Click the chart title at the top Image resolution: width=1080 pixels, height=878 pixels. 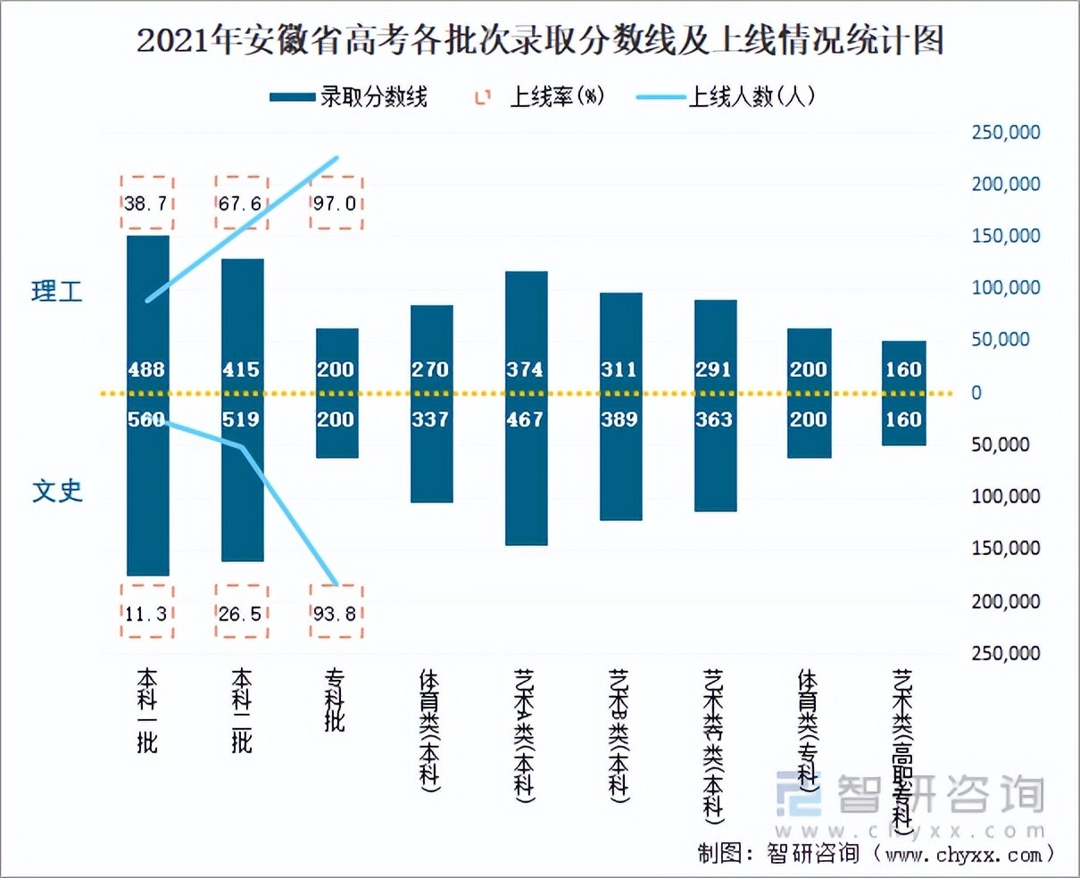tap(540, 41)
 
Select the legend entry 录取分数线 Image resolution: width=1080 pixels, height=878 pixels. tap(349, 97)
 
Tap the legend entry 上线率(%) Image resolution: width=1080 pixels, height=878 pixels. tap(540, 97)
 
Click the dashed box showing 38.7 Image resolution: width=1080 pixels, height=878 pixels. tap(146, 203)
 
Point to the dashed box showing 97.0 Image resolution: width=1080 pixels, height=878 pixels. tap(336, 203)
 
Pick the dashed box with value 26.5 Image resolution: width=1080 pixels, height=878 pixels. tap(241, 613)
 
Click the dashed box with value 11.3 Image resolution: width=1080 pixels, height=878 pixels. tap(146, 613)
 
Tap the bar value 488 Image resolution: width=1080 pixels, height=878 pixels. tap(146, 369)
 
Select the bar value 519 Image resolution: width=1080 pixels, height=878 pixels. tap(241, 419)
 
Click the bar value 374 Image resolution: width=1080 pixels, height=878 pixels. tap(525, 369)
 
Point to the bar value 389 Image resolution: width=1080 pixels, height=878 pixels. tap(619, 419)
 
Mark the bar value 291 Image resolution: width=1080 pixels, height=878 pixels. tap(714, 369)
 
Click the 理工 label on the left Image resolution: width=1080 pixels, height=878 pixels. tap(57, 291)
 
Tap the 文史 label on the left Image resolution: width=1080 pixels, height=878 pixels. tap(57, 491)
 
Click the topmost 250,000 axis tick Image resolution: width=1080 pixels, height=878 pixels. tap(1006, 132)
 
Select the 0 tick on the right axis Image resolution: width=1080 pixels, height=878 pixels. tap(976, 393)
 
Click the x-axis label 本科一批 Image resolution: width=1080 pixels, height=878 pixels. tap(146, 710)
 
